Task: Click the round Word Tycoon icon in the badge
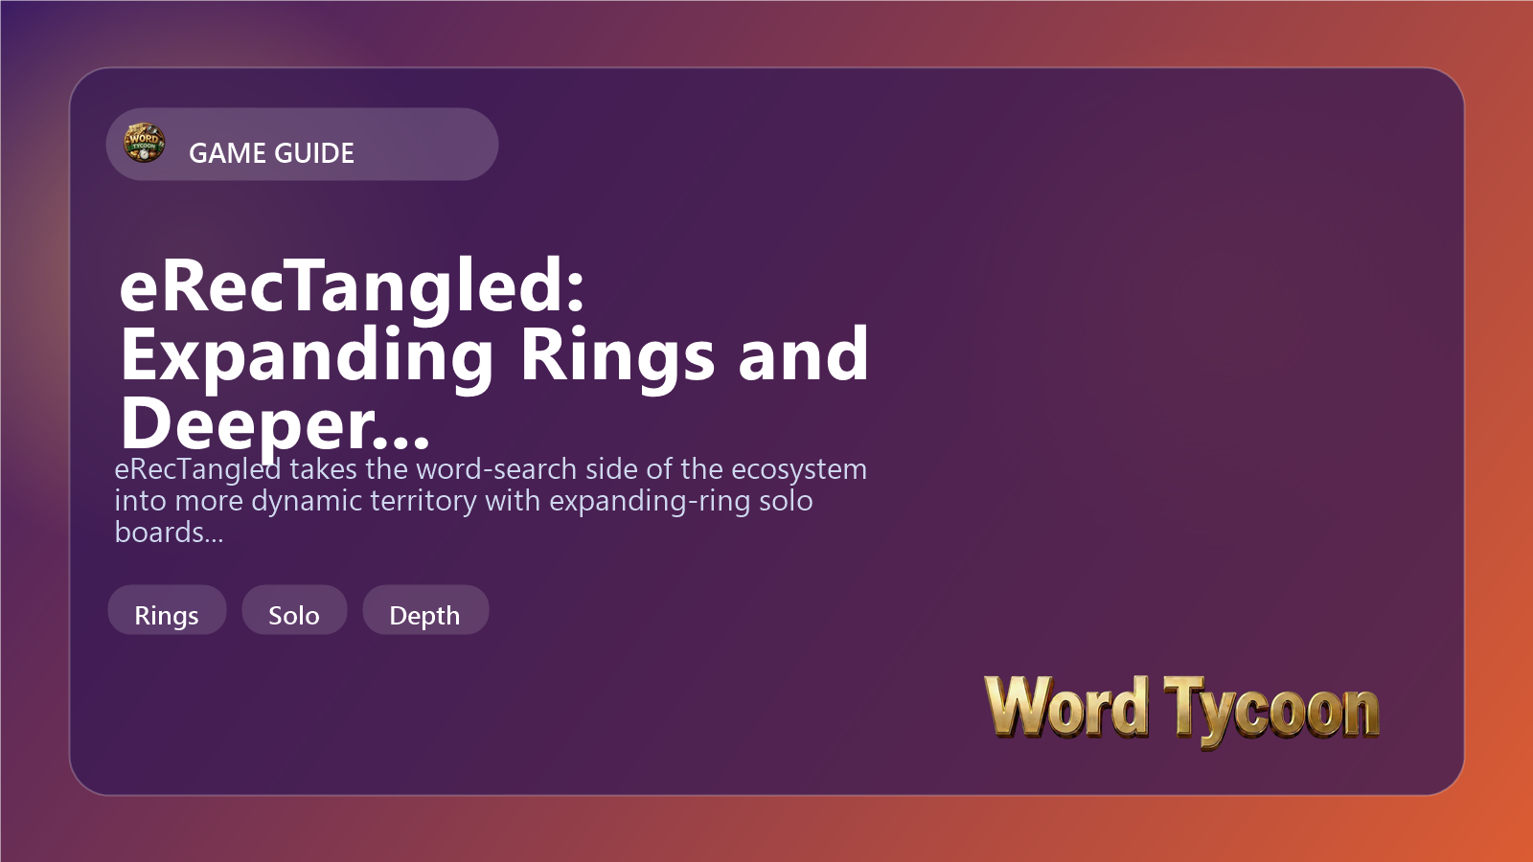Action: (x=144, y=143)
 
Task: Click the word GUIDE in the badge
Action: (x=312, y=153)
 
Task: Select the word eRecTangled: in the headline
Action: (x=352, y=288)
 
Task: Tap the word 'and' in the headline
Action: (x=804, y=353)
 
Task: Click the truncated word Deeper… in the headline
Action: (x=275, y=425)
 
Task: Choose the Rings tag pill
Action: (x=167, y=609)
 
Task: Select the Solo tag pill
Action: (x=294, y=609)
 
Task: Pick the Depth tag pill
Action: (x=425, y=609)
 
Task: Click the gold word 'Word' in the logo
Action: (x=1066, y=708)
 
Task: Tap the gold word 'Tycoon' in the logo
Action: (x=1271, y=712)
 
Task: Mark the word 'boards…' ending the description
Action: (x=169, y=533)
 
